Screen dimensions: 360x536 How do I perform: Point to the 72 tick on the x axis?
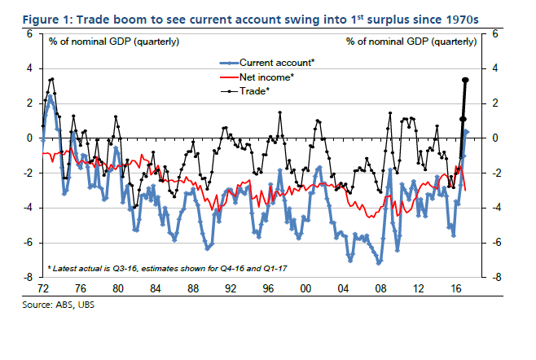pos(43,288)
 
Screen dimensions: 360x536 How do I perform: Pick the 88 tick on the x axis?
pos(192,288)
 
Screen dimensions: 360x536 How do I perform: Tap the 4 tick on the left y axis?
pos(30,68)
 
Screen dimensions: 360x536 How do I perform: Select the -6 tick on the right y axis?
pos(496,243)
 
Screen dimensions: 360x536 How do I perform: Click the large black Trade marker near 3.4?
pos(465,80)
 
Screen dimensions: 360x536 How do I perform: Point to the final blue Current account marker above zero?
pos(467,131)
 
